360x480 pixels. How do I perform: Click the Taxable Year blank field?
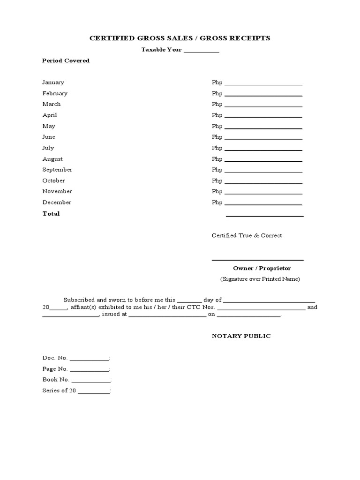(x=201, y=51)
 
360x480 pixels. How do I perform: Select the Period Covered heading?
(x=66, y=61)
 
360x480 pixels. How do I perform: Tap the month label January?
(x=53, y=82)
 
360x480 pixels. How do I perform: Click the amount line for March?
(x=263, y=106)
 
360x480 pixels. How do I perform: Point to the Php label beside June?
(x=217, y=137)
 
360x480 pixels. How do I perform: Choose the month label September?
(x=57, y=170)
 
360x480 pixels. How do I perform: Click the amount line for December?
(x=263, y=204)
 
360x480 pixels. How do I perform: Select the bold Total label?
(x=51, y=214)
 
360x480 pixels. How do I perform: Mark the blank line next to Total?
(x=265, y=216)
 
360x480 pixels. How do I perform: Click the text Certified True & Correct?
(x=247, y=236)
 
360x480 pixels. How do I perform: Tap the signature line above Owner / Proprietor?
(x=257, y=259)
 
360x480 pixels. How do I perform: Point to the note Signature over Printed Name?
(x=260, y=279)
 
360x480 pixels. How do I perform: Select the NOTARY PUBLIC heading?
(x=241, y=336)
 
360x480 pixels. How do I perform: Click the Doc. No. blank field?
(x=89, y=360)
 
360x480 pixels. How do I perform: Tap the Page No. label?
(x=55, y=369)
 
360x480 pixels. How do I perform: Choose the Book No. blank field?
(x=91, y=381)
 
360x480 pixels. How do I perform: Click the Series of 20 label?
(x=59, y=390)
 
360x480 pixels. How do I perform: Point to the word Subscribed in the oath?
(x=79, y=300)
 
